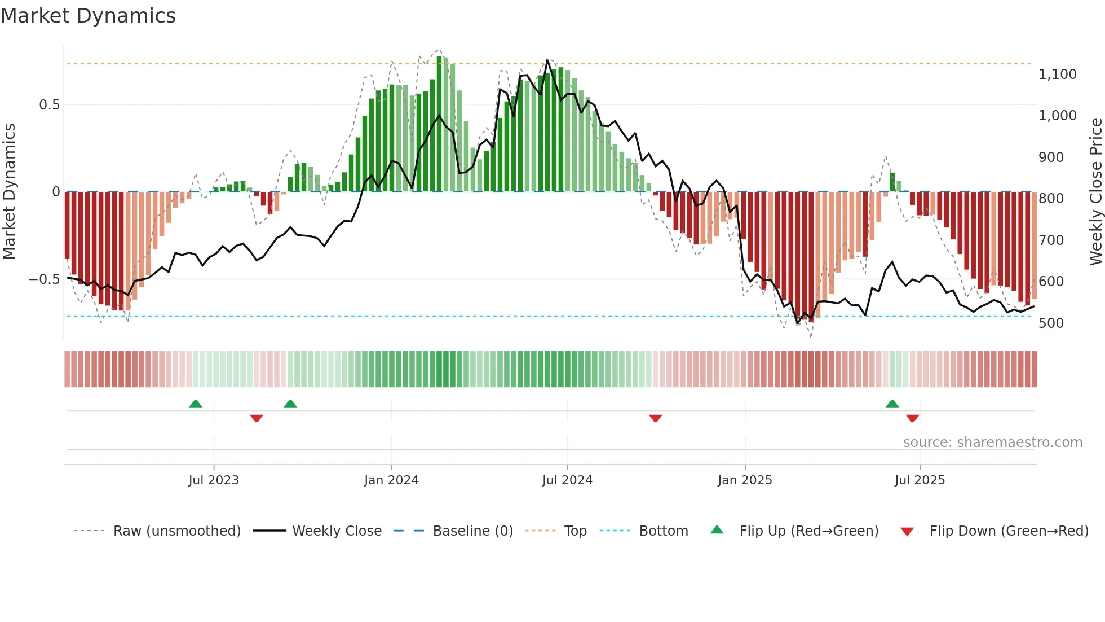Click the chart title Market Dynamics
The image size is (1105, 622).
coord(88,16)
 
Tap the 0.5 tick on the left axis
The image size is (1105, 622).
coord(49,105)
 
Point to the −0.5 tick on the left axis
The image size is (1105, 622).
coord(44,279)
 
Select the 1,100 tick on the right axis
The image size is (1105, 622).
coord(1057,75)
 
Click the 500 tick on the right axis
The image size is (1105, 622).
coord(1051,323)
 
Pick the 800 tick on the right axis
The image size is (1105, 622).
coord(1051,199)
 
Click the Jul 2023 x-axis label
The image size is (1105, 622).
coord(214,480)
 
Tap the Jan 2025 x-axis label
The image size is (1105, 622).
coord(745,480)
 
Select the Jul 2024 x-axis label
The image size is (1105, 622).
coord(567,480)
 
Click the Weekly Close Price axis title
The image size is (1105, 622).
coord(1095,192)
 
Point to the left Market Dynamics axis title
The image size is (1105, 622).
coord(9,192)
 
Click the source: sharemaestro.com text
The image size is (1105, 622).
coord(992,443)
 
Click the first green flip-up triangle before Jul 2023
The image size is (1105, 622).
coord(196,404)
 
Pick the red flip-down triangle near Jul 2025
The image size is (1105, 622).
coord(913,418)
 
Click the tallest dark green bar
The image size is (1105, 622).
coord(439,124)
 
